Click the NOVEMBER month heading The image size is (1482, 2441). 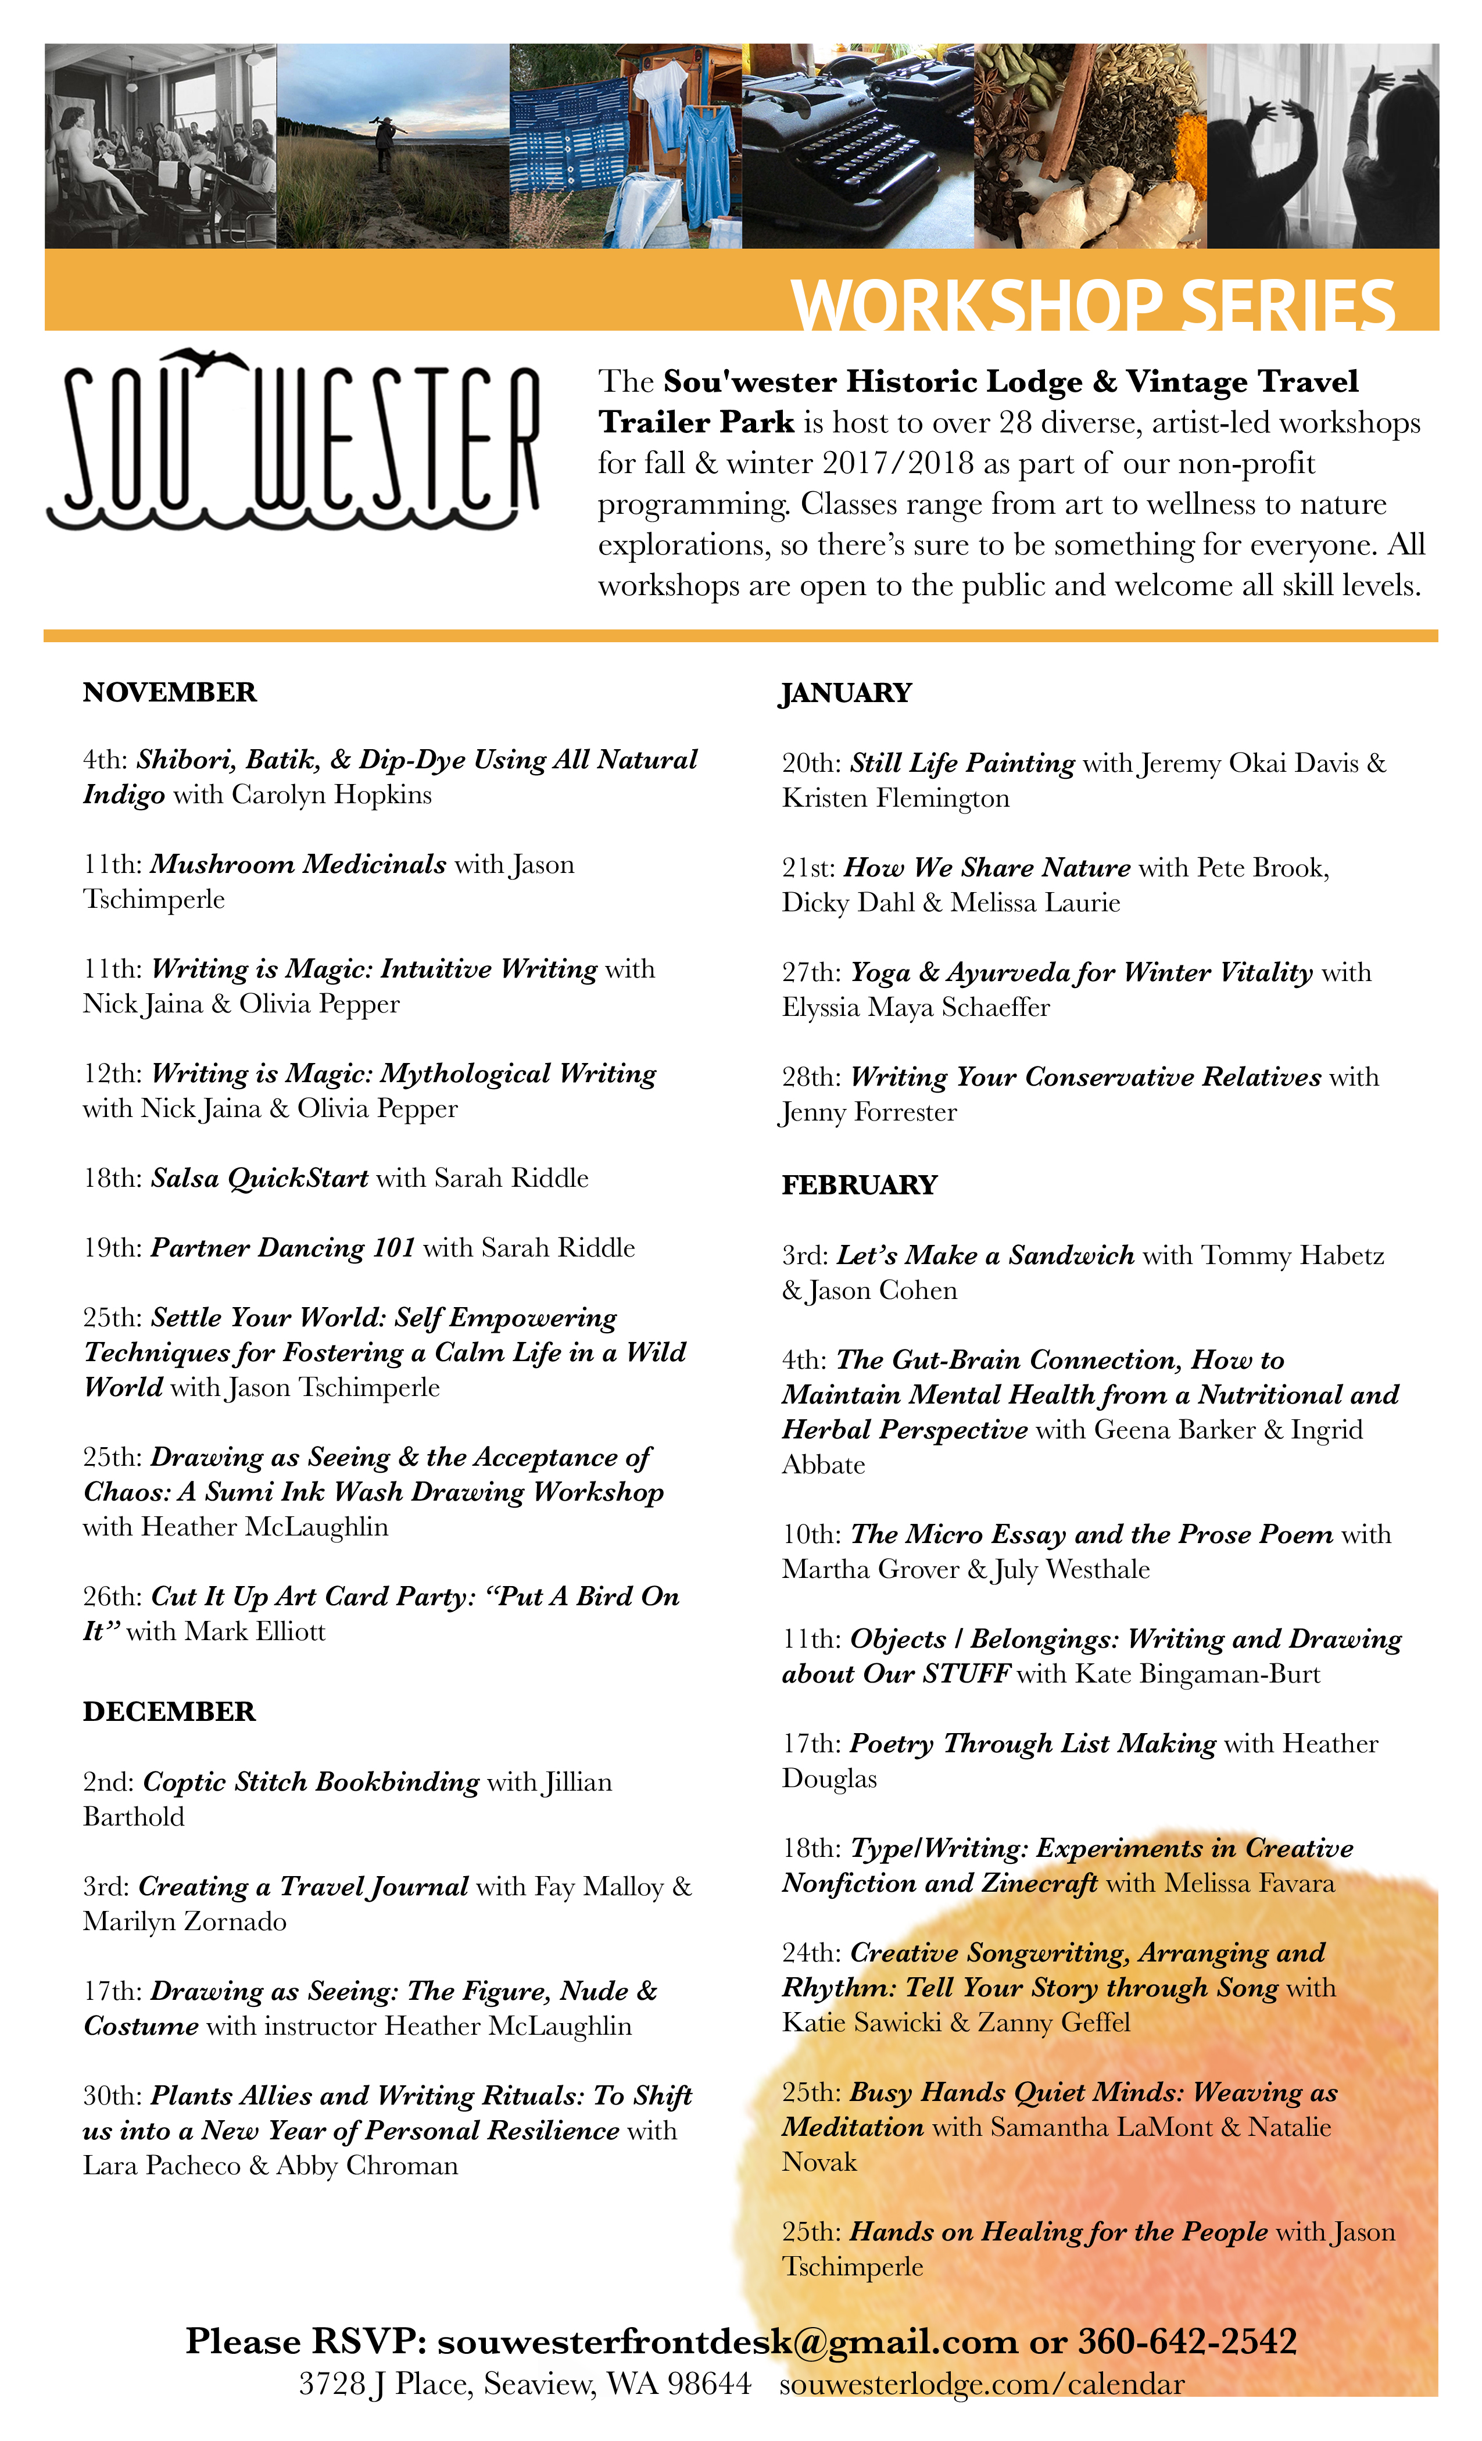coord(169,692)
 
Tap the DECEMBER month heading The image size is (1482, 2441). coord(169,1712)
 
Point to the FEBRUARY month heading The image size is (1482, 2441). coord(859,1186)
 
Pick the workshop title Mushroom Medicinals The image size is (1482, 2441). coord(298,865)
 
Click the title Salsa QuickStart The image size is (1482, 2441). coord(260,1179)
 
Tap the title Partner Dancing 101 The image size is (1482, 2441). coord(284,1248)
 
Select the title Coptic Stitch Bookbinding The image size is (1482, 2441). coord(311,1782)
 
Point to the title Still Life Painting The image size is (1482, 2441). coord(962,764)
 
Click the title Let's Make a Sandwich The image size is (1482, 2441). coord(986,1256)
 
